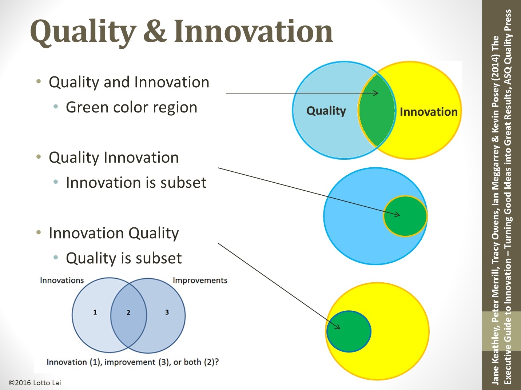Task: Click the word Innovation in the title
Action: [253, 31]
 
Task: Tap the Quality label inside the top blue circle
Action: [326, 111]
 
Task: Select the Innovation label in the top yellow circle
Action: [428, 112]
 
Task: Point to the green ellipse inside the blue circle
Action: [405, 216]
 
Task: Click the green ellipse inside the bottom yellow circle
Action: [349, 331]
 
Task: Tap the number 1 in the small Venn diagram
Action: [95, 312]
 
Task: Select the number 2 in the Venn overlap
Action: [128, 313]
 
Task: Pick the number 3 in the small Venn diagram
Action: [167, 312]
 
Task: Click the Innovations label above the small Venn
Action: [62, 280]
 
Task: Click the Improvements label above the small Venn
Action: [200, 280]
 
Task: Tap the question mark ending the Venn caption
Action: [216, 362]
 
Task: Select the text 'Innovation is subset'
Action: [136, 183]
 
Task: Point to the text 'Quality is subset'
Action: [124, 258]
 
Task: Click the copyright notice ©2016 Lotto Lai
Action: [35, 383]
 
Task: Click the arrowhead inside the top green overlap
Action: [376, 93]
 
